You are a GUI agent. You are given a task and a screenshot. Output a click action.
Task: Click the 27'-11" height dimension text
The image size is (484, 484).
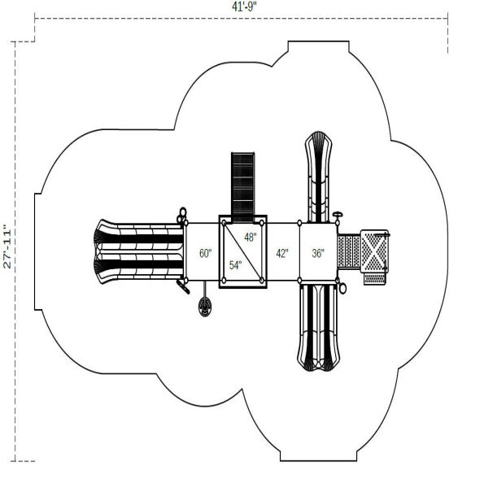(x=7, y=246)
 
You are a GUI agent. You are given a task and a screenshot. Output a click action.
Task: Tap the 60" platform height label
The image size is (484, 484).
(x=205, y=253)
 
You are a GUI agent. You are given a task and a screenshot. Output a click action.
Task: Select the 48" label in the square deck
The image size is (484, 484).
(x=250, y=238)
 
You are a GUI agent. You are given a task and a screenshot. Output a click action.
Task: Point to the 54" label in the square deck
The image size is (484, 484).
(x=235, y=265)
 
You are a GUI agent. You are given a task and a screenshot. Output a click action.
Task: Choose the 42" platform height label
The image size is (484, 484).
(x=281, y=253)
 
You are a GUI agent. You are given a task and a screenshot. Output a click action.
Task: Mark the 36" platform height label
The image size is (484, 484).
(x=317, y=253)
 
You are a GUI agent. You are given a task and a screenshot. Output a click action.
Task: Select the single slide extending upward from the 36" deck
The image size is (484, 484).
(x=318, y=175)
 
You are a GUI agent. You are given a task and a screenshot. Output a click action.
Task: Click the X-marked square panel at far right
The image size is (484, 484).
(x=374, y=252)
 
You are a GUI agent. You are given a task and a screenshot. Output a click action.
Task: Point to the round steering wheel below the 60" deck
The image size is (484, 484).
(x=204, y=306)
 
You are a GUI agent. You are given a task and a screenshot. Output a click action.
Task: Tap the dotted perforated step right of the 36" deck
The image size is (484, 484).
(x=348, y=252)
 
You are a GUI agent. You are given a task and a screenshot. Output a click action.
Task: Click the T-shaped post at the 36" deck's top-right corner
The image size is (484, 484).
(x=337, y=216)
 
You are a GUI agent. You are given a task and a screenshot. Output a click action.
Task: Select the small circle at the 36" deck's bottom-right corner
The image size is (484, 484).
(x=343, y=287)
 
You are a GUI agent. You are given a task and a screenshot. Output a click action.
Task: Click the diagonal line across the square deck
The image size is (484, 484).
(x=243, y=251)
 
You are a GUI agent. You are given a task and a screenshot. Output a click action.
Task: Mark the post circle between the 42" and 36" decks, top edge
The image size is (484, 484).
(x=299, y=223)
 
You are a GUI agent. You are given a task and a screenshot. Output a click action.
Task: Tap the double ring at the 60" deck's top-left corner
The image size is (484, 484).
(x=183, y=214)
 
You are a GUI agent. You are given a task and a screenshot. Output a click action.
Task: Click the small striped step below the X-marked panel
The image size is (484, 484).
(x=374, y=278)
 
